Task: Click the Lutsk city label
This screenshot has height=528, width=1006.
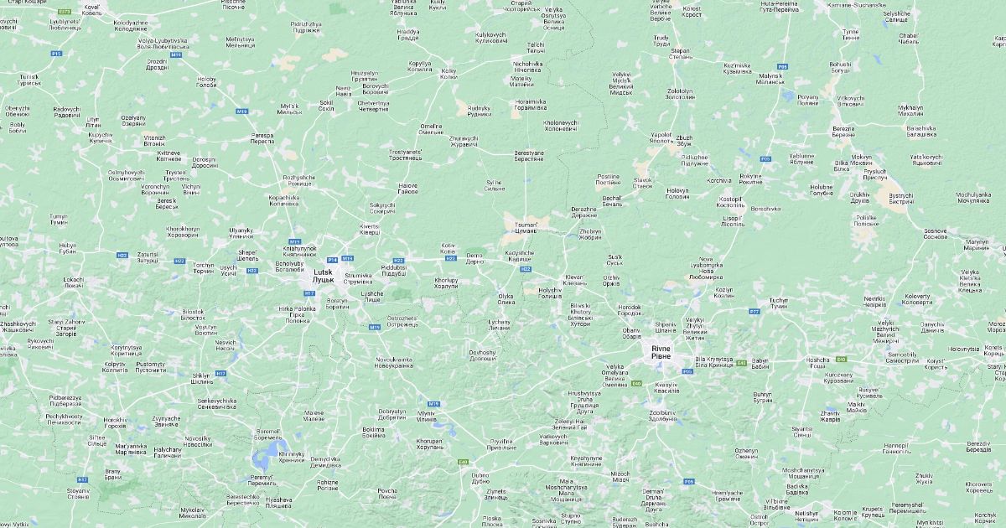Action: point(324,275)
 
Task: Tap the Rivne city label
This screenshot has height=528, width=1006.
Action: point(661,352)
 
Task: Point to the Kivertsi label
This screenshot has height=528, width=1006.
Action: point(369,229)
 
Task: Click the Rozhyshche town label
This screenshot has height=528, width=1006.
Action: point(298,180)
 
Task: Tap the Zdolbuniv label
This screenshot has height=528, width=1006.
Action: point(662,415)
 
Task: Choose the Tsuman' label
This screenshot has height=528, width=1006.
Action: point(526,227)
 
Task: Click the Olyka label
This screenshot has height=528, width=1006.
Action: point(506,298)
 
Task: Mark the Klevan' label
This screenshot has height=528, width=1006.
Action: point(575,279)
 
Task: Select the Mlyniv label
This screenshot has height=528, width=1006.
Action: point(427,415)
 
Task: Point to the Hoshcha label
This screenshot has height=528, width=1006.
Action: point(817,362)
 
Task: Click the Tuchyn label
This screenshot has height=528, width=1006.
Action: point(779,302)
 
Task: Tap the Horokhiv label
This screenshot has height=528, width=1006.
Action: point(115,422)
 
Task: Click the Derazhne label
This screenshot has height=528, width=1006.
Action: point(584,212)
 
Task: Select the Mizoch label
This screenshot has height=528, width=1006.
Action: point(620,477)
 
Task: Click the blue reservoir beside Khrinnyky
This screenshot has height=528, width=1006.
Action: point(267,453)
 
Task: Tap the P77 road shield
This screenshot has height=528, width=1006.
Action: point(754,311)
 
